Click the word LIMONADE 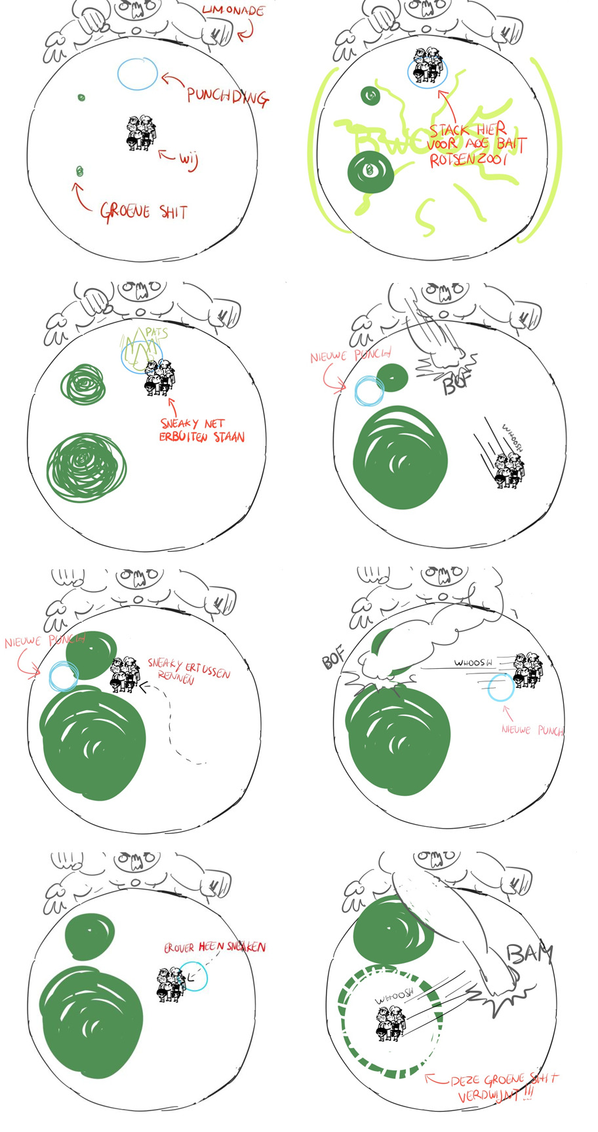click(x=233, y=10)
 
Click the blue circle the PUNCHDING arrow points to click(x=138, y=73)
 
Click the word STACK click(x=449, y=130)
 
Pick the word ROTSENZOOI click(x=468, y=160)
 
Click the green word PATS click(x=156, y=333)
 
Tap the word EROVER click(x=179, y=948)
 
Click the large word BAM click(x=529, y=954)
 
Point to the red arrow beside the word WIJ click(x=167, y=157)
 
